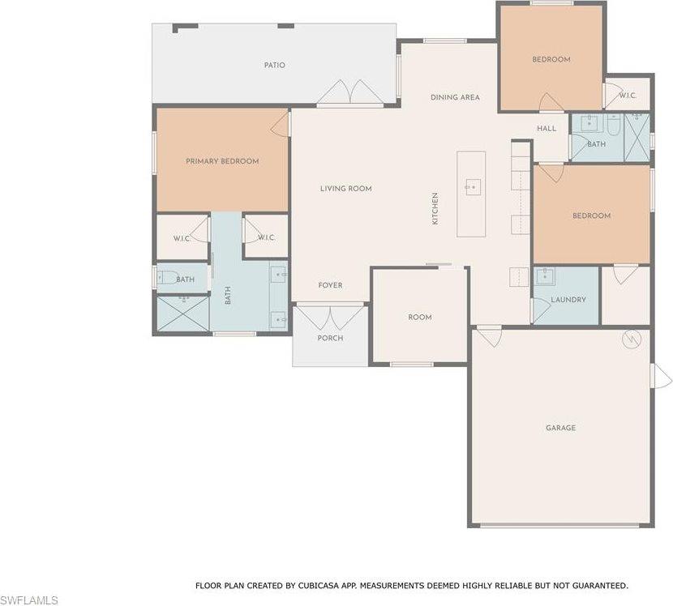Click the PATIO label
click(x=274, y=65)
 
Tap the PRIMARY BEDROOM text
click(x=222, y=161)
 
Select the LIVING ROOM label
click(x=345, y=189)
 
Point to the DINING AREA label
click(x=455, y=97)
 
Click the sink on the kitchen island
click(x=471, y=187)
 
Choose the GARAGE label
click(x=560, y=428)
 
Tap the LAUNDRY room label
click(x=568, y=300)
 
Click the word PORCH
click(x=330, y=338)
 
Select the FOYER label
click(x=330, y=285)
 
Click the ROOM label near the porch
click(x=420, y=318)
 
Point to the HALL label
click(x=547, y=128)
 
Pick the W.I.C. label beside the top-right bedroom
click(x=628, y=96)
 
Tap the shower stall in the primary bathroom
click(x=182, y=314)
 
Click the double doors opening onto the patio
click(x=350, y=94)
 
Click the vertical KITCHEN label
click(x=435, y=208)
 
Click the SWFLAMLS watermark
click(x=29, y=600)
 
